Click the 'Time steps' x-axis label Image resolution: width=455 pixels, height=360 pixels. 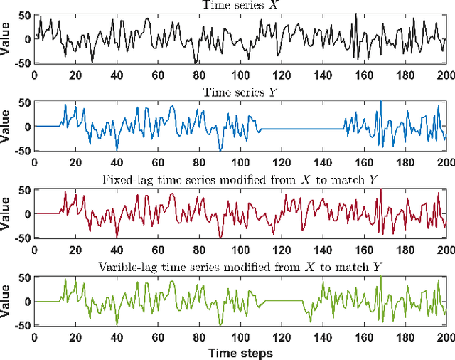[x=240, y=353]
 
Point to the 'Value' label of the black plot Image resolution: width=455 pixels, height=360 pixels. [x=6, y=39]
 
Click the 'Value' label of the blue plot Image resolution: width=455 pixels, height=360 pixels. [x=6, y=127]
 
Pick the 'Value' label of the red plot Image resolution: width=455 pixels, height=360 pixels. [x=6, y=213]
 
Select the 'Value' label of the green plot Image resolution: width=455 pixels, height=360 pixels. [x=6, y=301]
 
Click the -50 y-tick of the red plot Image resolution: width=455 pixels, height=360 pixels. [x=23, y=237]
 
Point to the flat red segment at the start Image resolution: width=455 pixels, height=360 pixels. [x=46, y=213]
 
